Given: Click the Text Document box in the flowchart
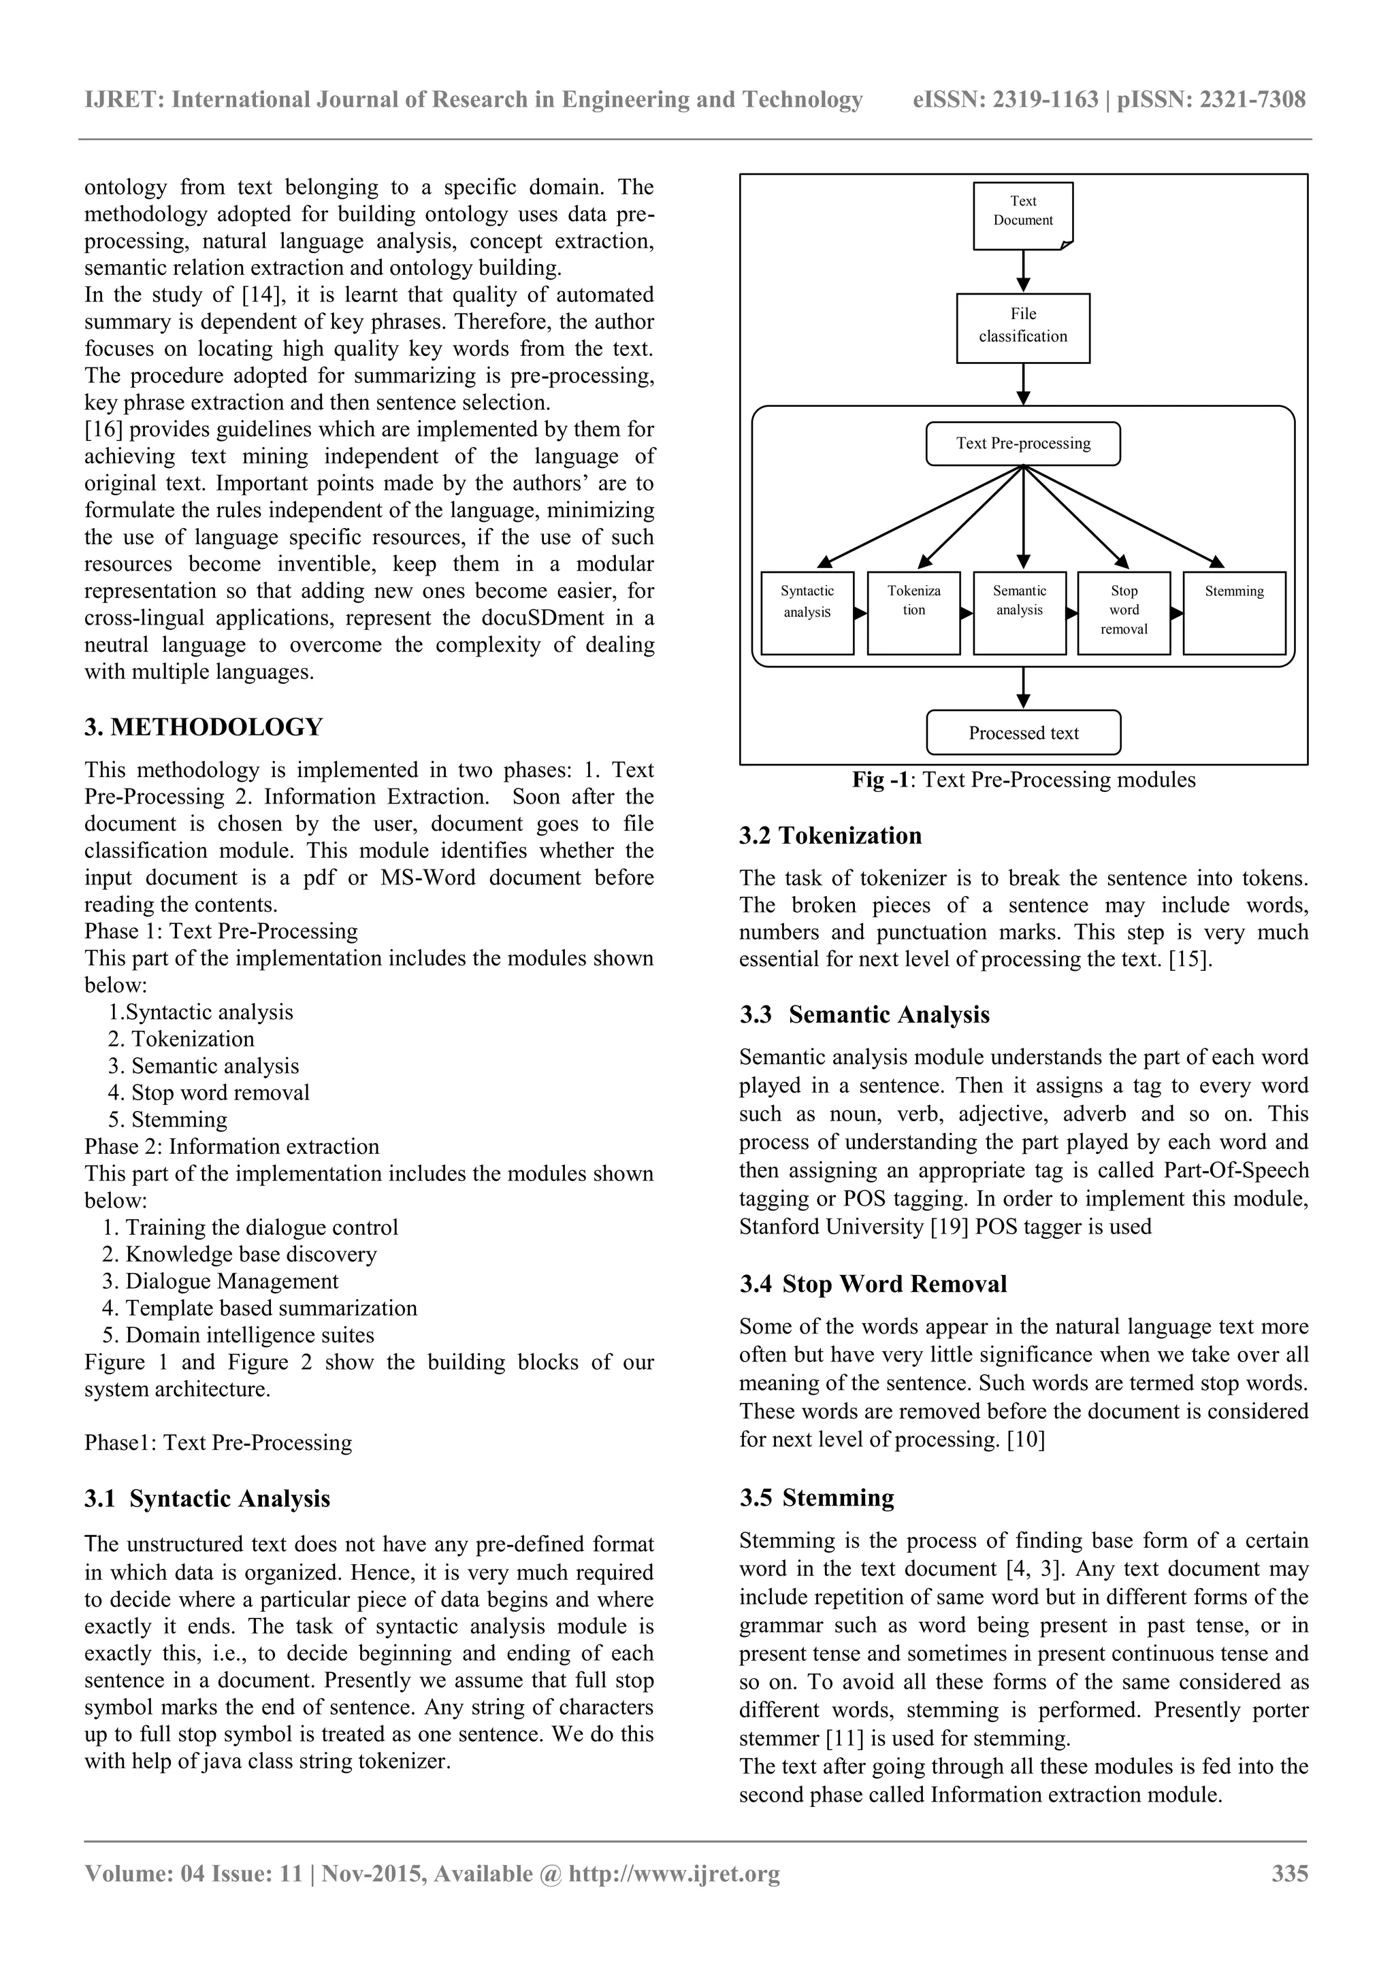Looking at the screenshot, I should (x=1023, y=216).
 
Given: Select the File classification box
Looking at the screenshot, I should (x=1023, y=328).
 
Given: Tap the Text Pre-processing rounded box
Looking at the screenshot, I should (x=1023, y=444).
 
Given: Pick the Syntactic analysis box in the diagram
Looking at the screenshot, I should (x=807, y=612).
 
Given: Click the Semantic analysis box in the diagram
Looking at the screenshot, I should (x=1020, y=612).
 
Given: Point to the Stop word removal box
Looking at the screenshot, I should (x=1124, y=612).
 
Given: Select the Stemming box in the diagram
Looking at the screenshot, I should (x=1233, y=612).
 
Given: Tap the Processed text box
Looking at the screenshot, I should (x=1023, y=732).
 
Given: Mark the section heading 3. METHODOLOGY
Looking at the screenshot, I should (x=204, y=727).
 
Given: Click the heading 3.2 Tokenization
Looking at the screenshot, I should (x=830, y=835).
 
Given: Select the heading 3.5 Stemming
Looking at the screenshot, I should (x=817, y=1498).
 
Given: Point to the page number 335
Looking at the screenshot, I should (x=1289, y=1873).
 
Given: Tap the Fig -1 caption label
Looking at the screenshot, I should (x=880, y=780).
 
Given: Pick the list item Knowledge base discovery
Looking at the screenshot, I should (x=250, y=1254).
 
